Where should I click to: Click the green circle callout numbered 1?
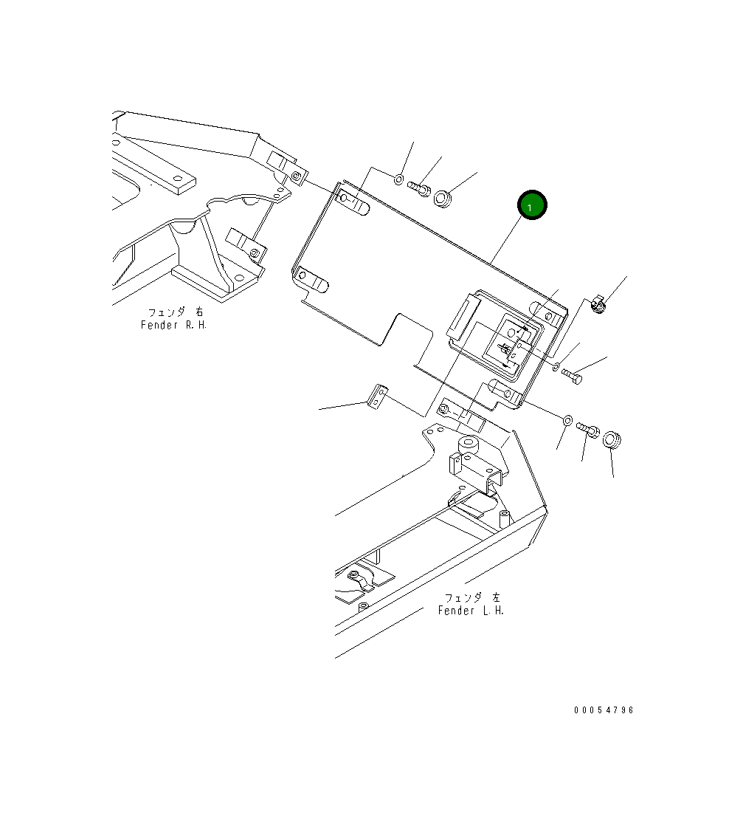[532, 206]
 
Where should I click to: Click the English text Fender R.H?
[174, 325]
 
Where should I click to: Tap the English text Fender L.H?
[471, 611]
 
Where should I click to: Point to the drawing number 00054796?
[604, 710]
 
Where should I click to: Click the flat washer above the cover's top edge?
[398, 179]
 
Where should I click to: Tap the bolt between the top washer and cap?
[419, 189]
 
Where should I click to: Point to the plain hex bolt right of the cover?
[573, 377]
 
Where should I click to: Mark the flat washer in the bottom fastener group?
[567, 421]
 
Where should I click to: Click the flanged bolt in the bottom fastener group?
[587, 428]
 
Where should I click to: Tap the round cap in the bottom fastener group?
[612, 442]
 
